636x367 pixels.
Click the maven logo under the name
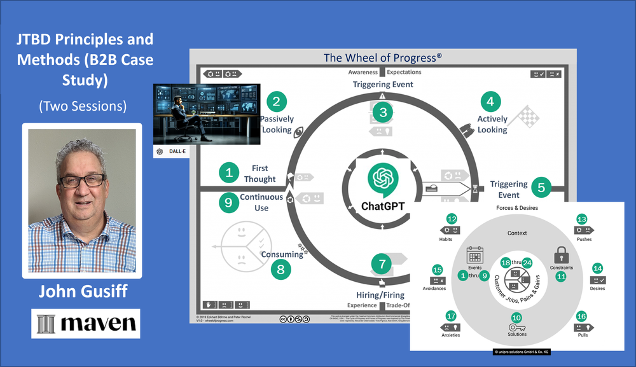point(86,324)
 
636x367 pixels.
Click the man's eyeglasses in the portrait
point(83,180)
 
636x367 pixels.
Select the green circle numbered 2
point(275,100)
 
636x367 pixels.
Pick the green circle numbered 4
point(490,100)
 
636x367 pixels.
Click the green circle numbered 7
point(382,263)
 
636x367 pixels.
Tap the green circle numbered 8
point(280,269)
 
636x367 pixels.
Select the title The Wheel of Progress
point(382,58)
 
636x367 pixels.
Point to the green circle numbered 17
point(451,316)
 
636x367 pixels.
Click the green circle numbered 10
point(516,317)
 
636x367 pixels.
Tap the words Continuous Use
point(261,202)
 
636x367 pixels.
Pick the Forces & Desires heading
point(516,207)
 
